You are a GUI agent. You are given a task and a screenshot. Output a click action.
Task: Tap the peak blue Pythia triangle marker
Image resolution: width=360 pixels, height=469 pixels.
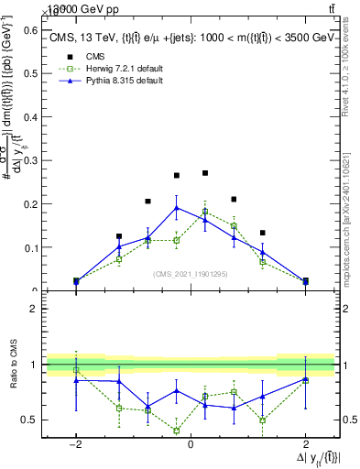click(x=177, y=207)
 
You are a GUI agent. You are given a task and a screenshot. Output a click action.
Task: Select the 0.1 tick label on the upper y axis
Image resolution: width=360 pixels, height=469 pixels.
click(x=29, y=247)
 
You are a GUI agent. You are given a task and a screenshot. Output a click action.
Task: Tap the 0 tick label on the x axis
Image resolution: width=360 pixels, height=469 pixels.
click(x=190, y=443)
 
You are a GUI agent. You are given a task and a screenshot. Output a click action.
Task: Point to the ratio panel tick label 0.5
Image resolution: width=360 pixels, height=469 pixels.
click(x=27, y=420)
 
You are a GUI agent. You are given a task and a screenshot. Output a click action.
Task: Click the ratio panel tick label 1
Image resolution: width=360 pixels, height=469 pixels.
click(x=33, y=365)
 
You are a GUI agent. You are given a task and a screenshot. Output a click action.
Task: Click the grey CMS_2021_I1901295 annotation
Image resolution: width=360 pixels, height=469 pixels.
click(x=190, y=273)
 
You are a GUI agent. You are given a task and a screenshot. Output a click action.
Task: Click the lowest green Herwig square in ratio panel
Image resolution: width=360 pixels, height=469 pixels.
click(x=177, y=431)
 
